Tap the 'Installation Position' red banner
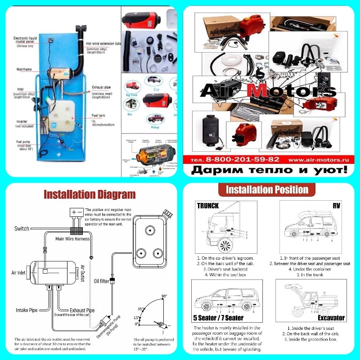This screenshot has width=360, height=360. [x=267, y=189]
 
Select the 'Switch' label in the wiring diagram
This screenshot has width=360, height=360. [x=22, y=229]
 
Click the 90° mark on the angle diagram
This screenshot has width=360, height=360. [x=164, y=296]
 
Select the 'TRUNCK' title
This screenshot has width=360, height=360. [x=208, y=205]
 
